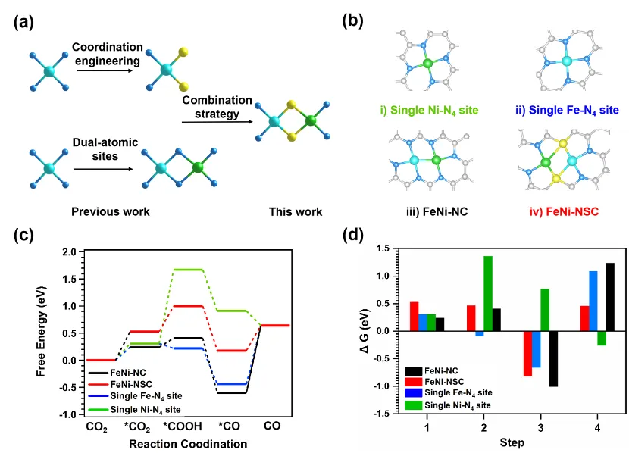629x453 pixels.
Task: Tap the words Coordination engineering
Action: click(x=107, y=53)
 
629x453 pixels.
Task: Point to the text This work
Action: click(x=296, y=211)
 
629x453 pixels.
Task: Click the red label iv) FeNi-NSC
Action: click(x=565, y=211)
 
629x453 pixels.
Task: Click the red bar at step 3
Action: click(x=527, y=354)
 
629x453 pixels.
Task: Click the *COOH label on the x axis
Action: click(x=182, y=426)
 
